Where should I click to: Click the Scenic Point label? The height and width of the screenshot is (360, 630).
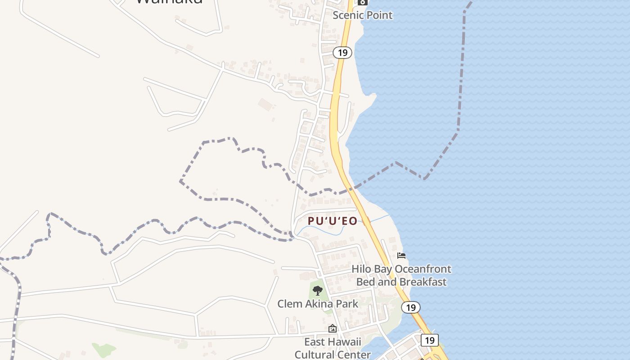[x=362, y=15]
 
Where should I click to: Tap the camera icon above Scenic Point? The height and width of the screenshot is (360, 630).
[x=362, y=2]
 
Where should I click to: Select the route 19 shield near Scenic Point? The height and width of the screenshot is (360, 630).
[x=342, y=53]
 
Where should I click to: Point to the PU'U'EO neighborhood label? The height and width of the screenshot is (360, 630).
[x=333, y=221]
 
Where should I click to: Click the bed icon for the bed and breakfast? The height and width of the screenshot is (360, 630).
[x=401, y=256]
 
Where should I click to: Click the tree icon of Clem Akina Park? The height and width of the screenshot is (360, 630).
[x=318, y=290]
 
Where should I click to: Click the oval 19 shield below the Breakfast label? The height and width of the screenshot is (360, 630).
[x=410, y=307]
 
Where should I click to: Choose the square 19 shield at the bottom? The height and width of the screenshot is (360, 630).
[x=429, y=340]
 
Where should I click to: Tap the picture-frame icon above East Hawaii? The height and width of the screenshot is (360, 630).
[x=333, y=329]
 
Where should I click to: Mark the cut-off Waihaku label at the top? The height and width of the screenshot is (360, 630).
[x=169, y=1]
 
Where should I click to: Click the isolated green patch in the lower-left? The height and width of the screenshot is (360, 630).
[x=104, y=349]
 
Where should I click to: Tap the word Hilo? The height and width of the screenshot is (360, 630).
[x=361, y=269]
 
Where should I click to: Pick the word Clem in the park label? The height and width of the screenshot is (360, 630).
[x=288, y=304]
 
